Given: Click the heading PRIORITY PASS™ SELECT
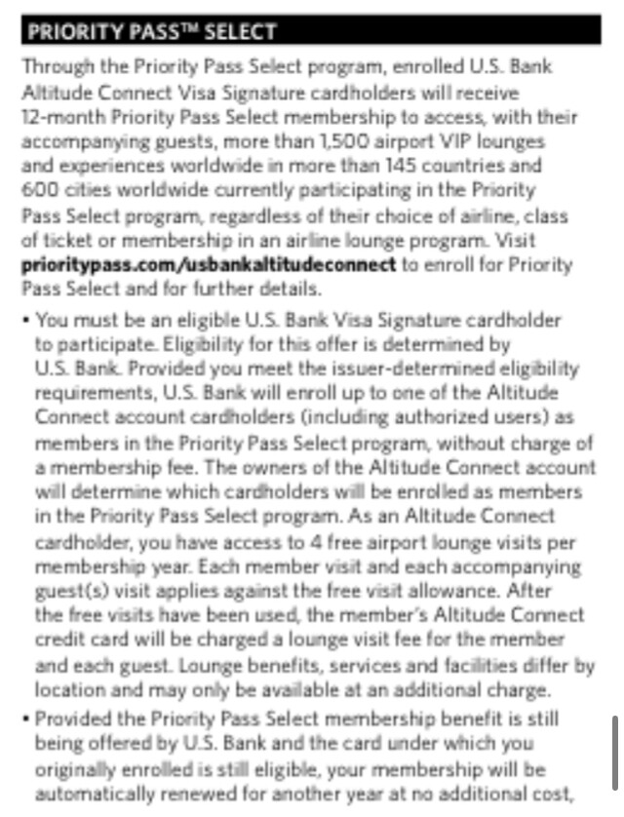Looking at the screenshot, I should [151, 31].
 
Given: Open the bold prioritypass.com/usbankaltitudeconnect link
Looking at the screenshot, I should [209, 264].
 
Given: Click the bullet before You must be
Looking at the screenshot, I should [25, 320].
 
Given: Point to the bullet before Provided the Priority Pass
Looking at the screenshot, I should [25, 719].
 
